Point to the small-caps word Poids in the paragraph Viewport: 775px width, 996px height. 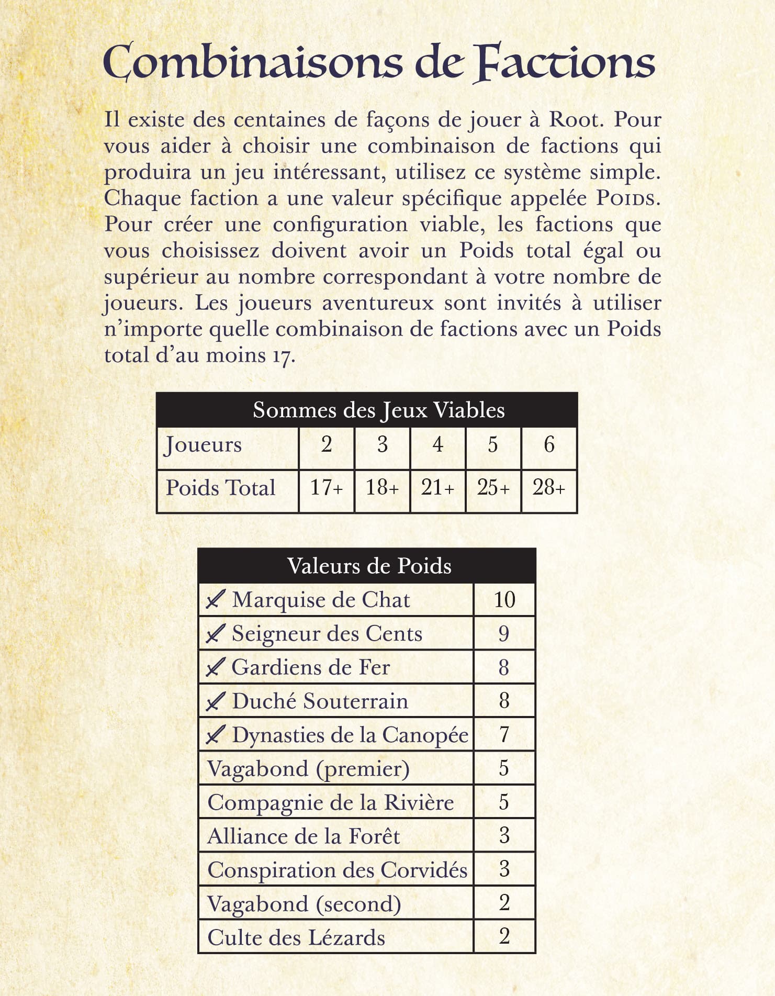(625, 199)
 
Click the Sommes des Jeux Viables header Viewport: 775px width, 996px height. (378, 410)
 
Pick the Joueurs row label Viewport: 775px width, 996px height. (203, 445)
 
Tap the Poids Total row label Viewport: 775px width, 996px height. (220, 488)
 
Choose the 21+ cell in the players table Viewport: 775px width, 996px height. (437, 488)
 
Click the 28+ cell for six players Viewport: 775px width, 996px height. (549, 488)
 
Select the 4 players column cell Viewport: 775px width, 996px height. (437, 445)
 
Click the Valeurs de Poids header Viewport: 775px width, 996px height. (369, 566)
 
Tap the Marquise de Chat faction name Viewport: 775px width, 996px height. (321, 600)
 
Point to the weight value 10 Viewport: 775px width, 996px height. (504, 600)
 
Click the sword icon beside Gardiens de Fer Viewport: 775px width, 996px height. (216, 668)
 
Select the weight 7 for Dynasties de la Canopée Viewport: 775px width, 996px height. (504, 735)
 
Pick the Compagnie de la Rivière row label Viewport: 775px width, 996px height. (330, 803)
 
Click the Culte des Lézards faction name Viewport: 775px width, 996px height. (296, 938)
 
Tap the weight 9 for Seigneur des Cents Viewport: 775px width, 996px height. (503, 634)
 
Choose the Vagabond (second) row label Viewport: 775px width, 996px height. (304, 904)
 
